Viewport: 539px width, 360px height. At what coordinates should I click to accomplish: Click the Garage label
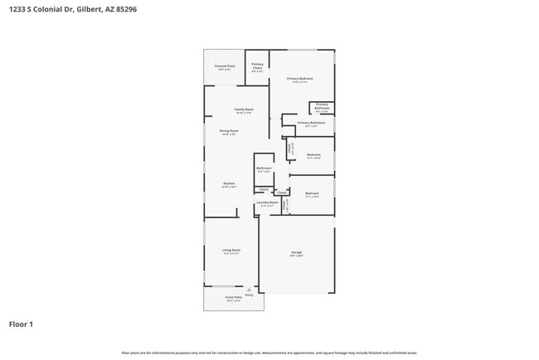coord(296,251)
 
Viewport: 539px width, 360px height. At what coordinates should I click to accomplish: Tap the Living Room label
coord(231,250)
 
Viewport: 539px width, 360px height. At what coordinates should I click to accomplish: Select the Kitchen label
coord(229,183)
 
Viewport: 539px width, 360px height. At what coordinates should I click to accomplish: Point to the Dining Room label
coord(229,130)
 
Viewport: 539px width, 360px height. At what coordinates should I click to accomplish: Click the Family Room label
coord(243,109)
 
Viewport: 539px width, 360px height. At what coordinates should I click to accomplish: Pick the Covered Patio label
coord(224,66)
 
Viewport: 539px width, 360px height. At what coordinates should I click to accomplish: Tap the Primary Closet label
coord(258,66)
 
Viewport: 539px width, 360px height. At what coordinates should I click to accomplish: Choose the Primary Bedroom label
coord(300,79)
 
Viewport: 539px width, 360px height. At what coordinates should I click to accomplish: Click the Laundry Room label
coord(267,202)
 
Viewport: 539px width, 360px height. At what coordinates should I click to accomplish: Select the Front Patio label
coord(234,297)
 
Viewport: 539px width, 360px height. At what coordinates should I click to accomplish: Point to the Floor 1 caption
coord(22,324)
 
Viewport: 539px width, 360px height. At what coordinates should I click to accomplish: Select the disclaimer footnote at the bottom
coord(269,353)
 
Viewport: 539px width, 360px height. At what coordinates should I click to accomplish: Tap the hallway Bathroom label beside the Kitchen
coord(265,168)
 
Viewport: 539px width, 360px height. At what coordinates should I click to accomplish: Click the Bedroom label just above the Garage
coord(313,195)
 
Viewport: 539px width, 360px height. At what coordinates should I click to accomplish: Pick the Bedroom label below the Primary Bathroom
coord(313,154)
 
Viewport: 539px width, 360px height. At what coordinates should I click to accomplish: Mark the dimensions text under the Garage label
coord(296,255)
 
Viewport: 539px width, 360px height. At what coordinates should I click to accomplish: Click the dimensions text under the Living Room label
coord(231,254)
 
